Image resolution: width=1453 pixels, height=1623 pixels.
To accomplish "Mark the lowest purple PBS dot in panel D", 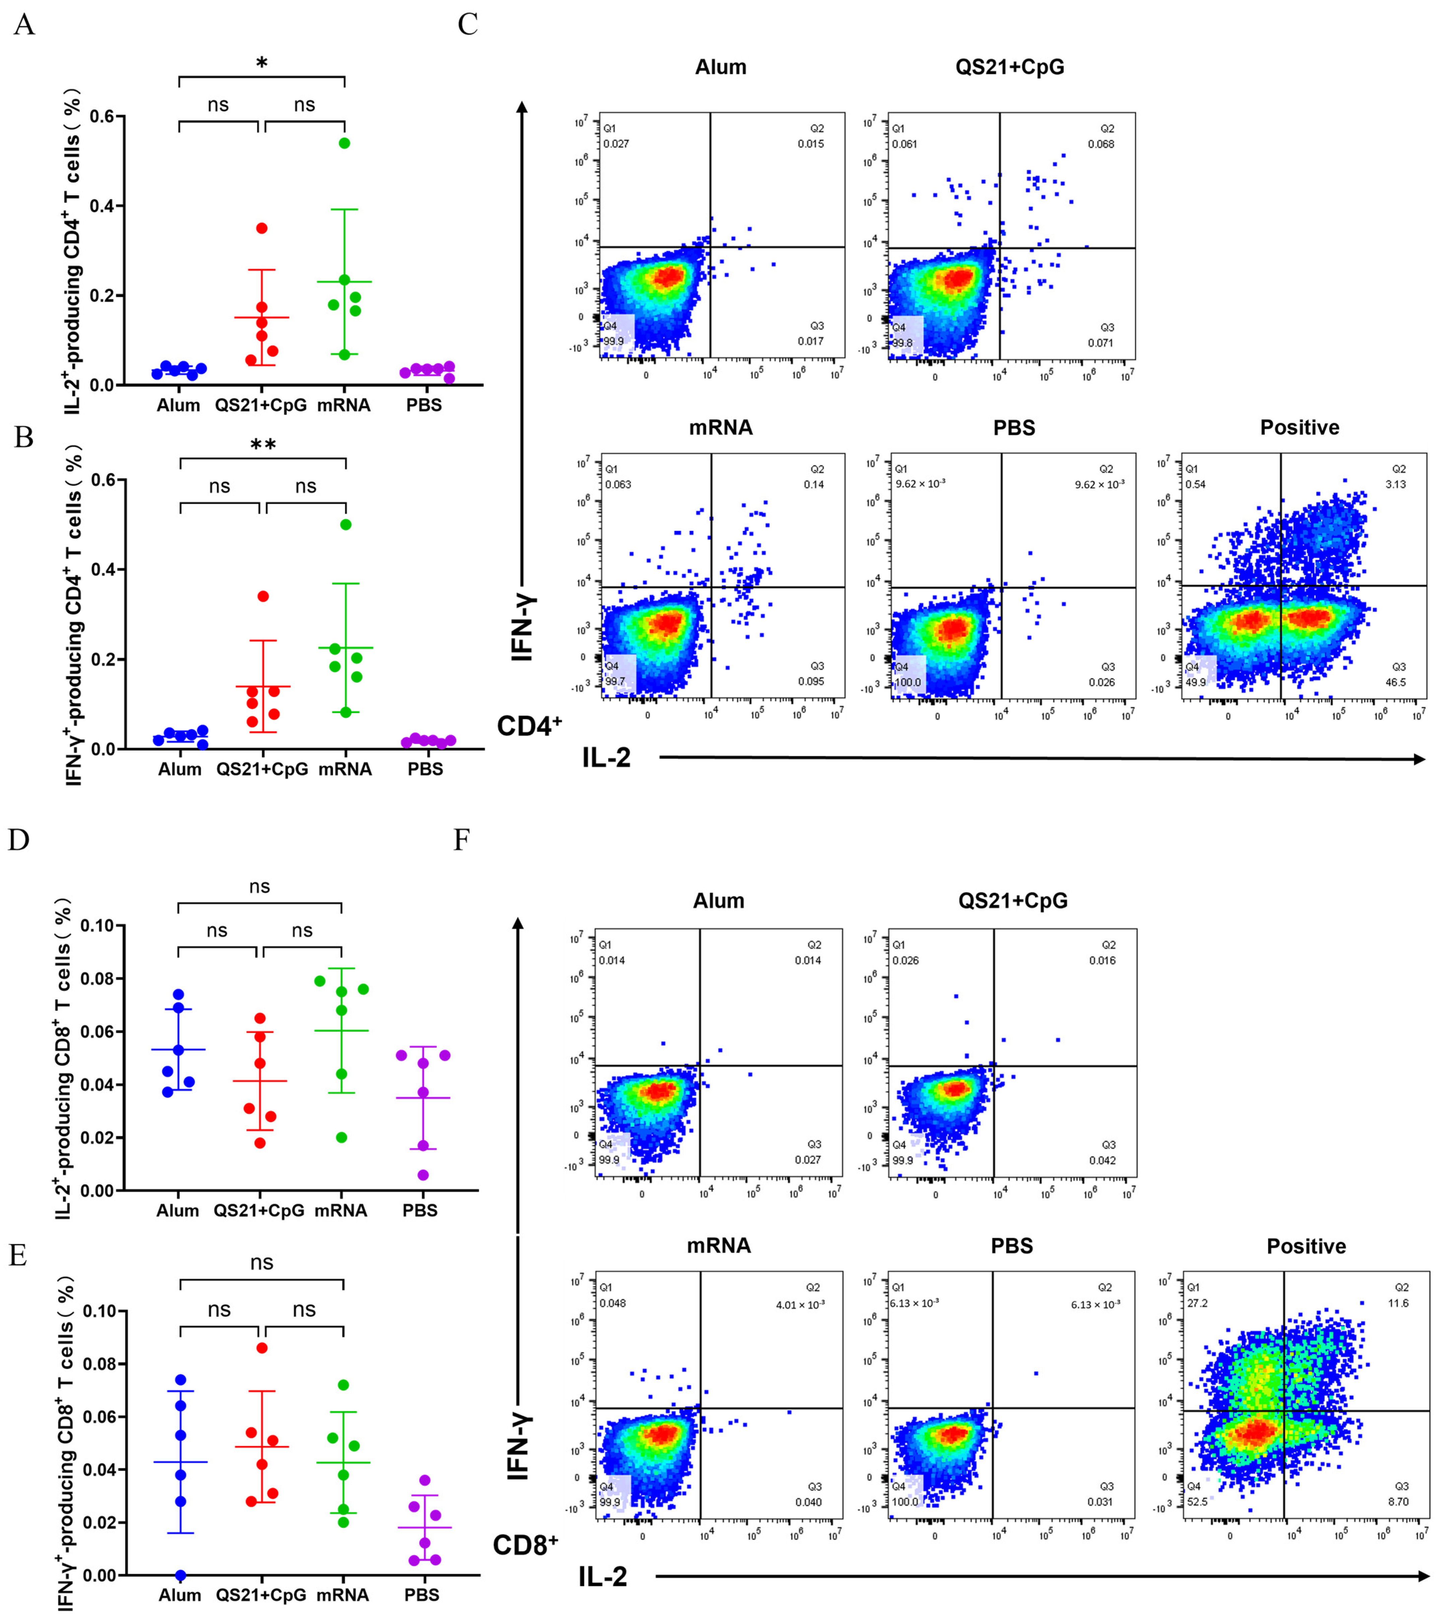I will click(x=423, y=1175).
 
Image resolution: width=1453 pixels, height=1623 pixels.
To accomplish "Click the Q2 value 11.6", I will click(x=1398, y=1303).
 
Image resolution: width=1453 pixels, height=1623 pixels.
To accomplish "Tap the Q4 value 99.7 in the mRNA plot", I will click(x=615, y=681).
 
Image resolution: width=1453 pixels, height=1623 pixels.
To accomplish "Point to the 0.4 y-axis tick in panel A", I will click(x=101, y=206).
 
